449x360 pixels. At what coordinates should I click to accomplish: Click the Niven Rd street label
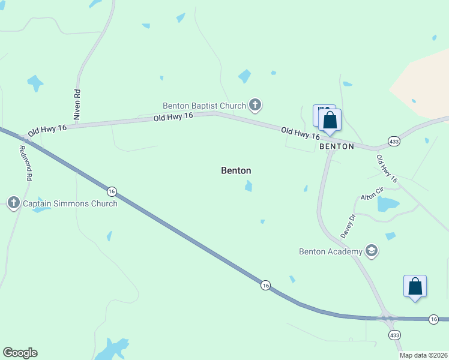coord(77,106)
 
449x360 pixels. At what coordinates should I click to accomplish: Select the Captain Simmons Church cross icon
coord(14,203)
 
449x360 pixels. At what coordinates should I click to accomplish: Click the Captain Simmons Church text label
coord(70,203)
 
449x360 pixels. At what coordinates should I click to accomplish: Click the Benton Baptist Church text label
coord(205,106)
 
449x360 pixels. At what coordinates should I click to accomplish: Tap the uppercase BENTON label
coord(337,146)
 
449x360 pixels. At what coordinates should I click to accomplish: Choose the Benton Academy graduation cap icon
coord(372,251)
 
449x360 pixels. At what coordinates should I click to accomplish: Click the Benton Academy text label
coord(331,251)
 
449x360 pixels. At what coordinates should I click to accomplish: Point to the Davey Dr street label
coord(348,226)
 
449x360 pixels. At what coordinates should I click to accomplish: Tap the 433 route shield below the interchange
coord(394,334)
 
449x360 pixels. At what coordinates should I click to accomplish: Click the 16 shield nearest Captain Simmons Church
coord(112,191)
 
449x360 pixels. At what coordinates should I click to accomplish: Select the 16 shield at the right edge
coord(434,319)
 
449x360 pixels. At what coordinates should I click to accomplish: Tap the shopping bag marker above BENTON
coord(330,119)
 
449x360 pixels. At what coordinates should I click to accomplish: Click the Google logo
coord(20,353)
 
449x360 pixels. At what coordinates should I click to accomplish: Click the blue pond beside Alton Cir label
coord(388,205)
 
